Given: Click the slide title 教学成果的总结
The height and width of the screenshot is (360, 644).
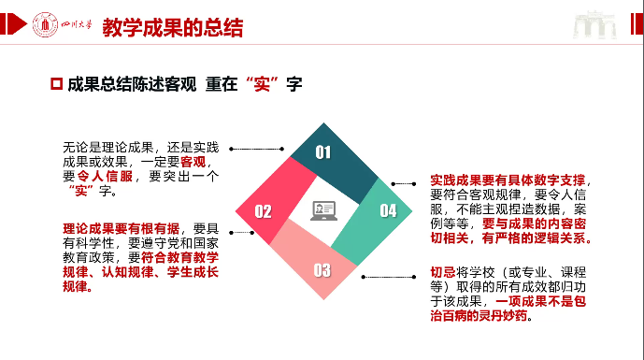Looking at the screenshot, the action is [173, 27].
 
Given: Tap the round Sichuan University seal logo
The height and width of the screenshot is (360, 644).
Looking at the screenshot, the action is [45, 24].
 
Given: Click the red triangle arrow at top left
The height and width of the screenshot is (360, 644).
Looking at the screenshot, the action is [17, 23].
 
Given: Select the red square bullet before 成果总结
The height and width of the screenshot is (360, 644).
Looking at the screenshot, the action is [56, 84].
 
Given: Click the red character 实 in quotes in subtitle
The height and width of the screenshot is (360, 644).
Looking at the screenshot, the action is [262, 84].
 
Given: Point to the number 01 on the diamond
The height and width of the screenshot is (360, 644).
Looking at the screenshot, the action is [322, 152].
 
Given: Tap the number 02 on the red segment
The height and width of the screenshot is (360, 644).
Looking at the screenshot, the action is [263, 211].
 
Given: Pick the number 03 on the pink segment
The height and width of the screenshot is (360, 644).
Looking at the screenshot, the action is [322, 270].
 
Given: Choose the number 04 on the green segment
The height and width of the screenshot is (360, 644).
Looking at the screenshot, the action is [388, 210].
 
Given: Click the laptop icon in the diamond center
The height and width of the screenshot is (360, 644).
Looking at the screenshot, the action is [323, 210].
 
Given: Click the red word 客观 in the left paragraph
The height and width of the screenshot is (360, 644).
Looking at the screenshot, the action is [193, 162].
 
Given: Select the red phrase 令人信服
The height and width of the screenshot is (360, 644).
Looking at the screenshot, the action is [105, 177].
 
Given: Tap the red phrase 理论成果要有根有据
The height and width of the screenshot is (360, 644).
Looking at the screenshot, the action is [121, 228].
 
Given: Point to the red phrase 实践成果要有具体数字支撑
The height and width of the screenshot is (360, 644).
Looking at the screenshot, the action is [508, 180].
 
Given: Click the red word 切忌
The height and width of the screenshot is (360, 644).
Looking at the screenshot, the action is [443, 272].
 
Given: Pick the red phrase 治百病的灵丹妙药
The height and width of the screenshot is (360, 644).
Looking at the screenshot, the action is [479, 316].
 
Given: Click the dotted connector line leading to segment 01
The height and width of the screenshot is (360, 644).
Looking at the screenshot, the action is [257, 149].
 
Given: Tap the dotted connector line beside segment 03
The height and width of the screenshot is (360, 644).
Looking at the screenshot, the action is [389, 277].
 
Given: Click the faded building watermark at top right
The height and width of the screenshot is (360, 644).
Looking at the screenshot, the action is [594, 25].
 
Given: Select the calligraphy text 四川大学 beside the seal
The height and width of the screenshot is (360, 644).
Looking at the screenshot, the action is [77, 24].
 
